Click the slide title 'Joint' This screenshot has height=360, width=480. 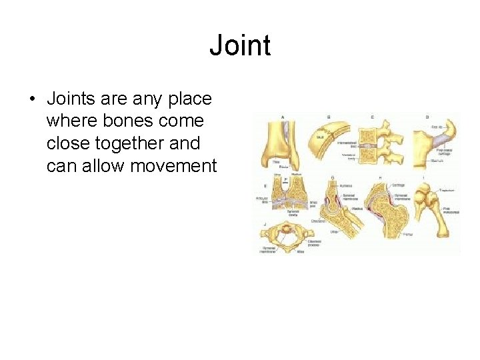240,46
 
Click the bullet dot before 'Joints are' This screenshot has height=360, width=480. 32,99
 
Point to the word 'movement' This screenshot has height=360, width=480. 174,165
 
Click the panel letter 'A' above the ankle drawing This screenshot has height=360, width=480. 283,117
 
